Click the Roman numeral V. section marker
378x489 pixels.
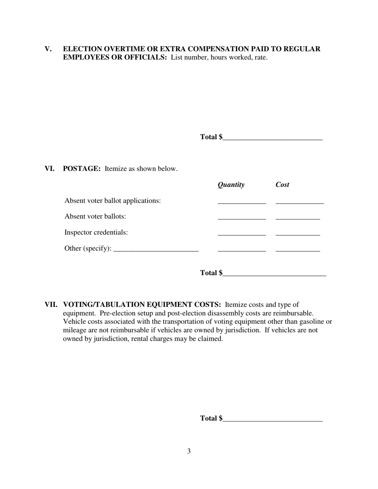pyautogui.click(x=48, y=49)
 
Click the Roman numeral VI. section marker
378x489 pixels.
pyautogui.click(x=49, y=169)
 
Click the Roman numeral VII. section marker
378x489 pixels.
pyautogui.click(x=51, y=305)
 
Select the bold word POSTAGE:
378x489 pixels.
pyautogui.click(x=82, y=169)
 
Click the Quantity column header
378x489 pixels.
pyautogui.click(x=231, y=184)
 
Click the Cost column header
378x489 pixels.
pyautogui.click(x=283, y=184)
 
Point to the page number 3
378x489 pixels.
pyautogui.click(x=189, y=451)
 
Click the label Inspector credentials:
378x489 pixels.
pyautogui.click(x=96, y=232)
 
